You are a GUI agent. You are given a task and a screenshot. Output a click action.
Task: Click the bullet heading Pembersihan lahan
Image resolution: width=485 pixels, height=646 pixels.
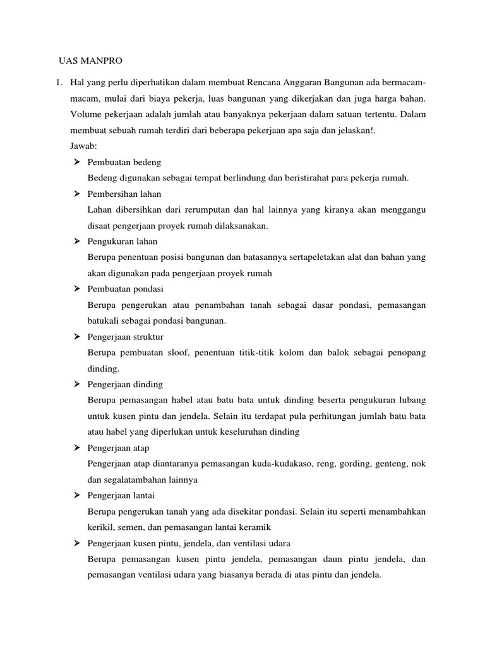[x=124, y=194]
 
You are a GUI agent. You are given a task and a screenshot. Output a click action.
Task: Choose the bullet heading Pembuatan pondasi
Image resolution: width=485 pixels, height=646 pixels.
[x=126, y=289]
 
